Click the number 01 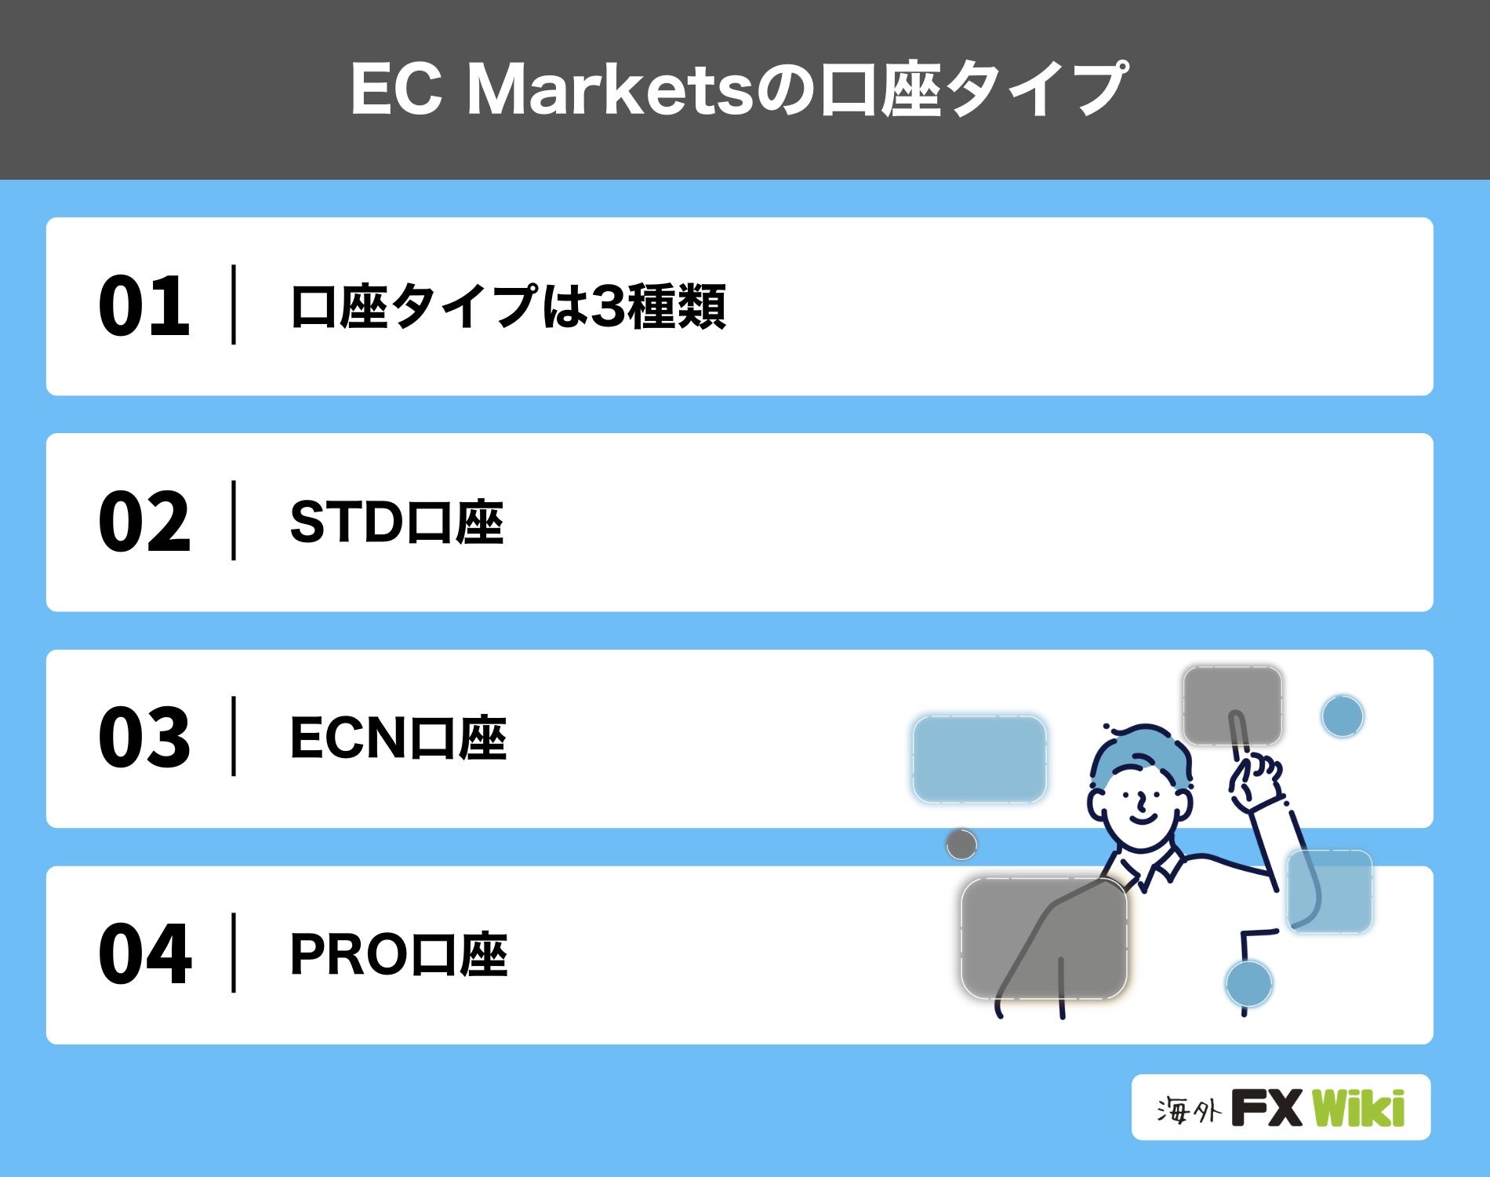coord(144,306)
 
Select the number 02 coord(144,522)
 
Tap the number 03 coord(144,738)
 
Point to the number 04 coord(145,953)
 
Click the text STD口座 coord(397,523)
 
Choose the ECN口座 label coord(398,738)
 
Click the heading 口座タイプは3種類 coord(508,306)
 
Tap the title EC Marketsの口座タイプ coord(739,89)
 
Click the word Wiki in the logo coord(1358,1108)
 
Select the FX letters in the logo coord(1266,1108)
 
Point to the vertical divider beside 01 coord(234,305)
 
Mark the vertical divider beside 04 coord(234,953)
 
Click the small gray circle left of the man coord(961,844)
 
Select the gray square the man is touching coord(1232,705)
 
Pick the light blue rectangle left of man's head coord(979,759)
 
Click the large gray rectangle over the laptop coord(1044,938)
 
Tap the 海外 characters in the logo coord(1188,1110)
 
